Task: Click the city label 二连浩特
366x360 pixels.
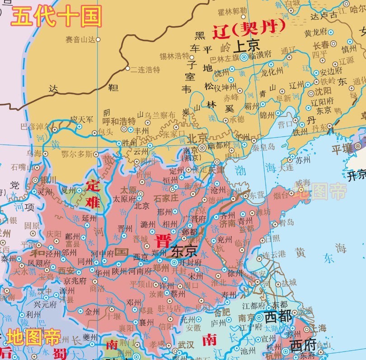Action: click(x=145, y=70)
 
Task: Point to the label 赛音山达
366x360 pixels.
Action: click(x=80, y=40)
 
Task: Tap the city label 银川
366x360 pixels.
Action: click(x=48, y=180)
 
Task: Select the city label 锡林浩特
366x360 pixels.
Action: click(x=174, y=56)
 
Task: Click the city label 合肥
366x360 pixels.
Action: click(x=222, y=313)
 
